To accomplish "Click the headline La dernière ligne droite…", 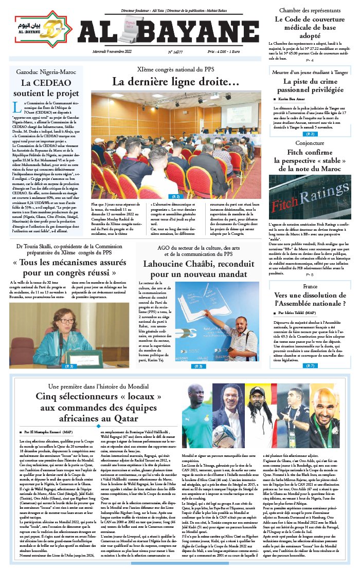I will click(175, 82).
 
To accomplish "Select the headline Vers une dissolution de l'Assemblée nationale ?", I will click(310, 300).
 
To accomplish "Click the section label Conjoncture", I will click(310, 143).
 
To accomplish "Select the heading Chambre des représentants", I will click(310, 10).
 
